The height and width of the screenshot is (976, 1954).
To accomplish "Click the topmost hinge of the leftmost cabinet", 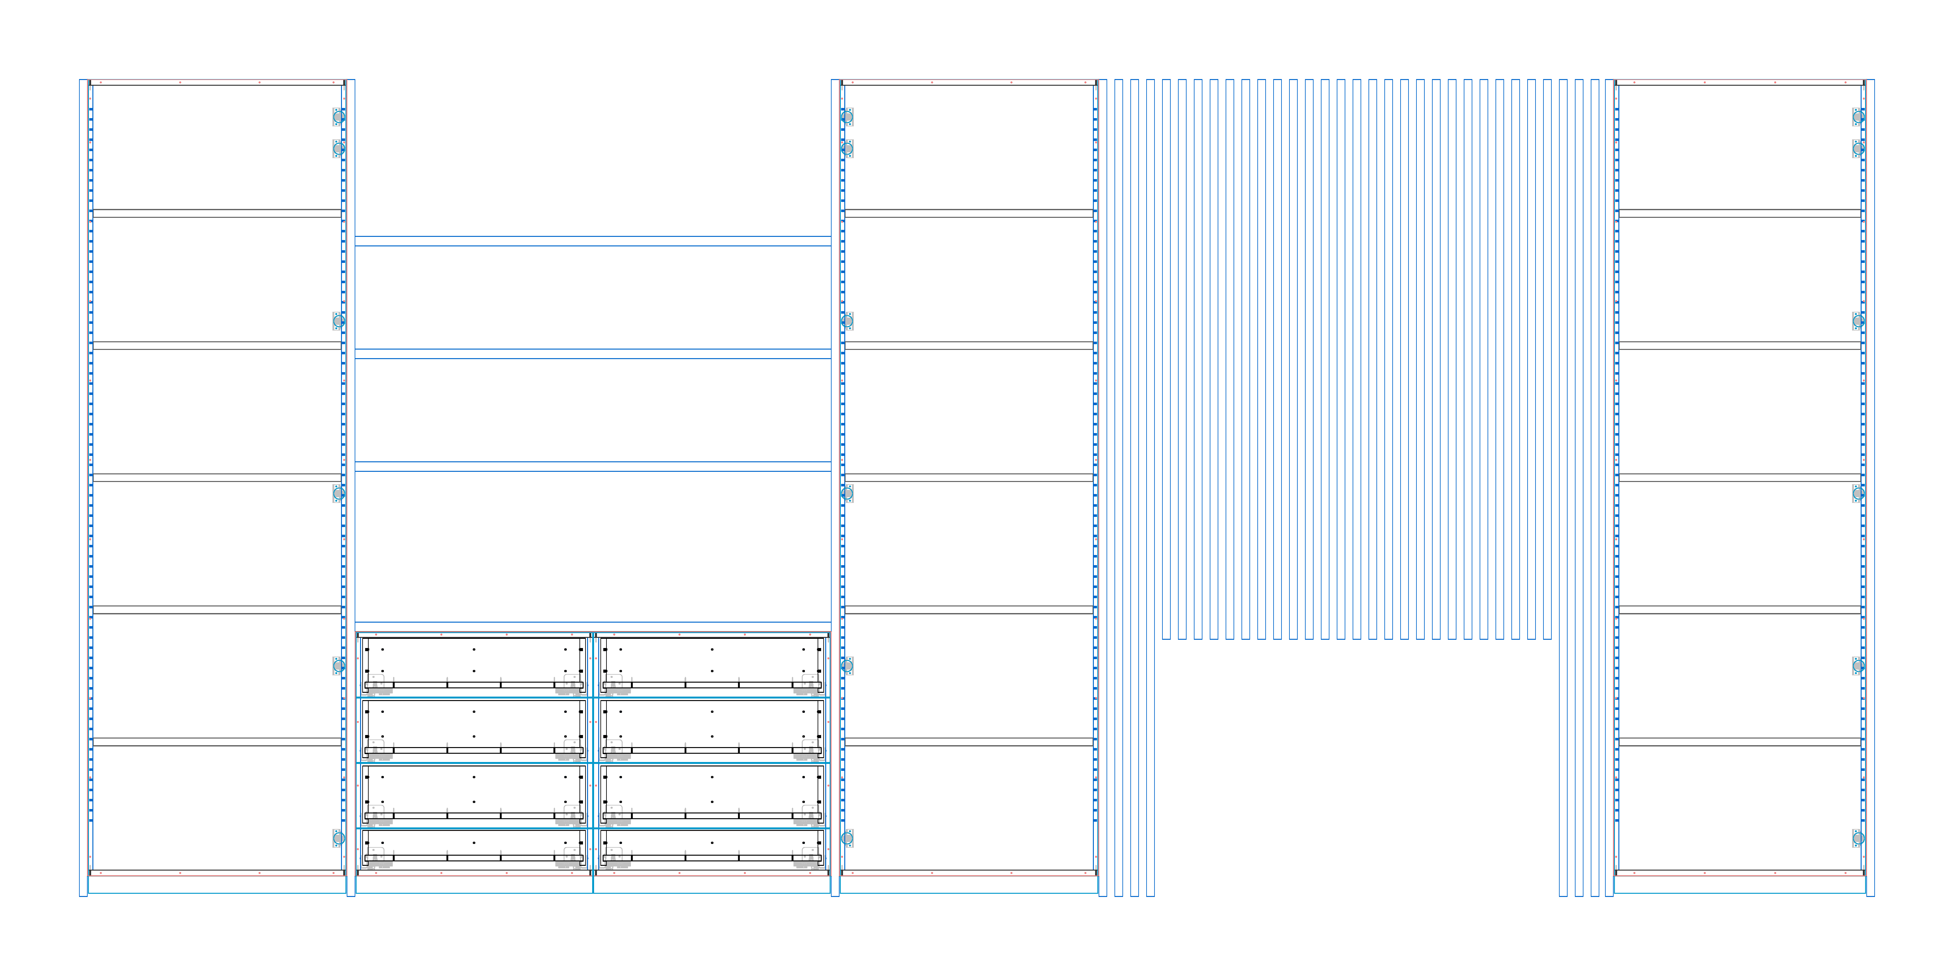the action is click(x=338, y=117).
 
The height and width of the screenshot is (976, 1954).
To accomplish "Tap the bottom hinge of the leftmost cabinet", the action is click(x=338, y=838).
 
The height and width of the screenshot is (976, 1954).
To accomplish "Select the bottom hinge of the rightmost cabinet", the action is click(x=1858, y=838).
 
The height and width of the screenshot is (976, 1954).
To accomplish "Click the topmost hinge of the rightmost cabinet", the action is click(x=1858, y=117).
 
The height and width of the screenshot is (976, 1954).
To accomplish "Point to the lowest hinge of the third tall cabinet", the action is click(x=847, y=838).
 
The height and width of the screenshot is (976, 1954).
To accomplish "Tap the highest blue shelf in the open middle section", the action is click(x=592, y=241).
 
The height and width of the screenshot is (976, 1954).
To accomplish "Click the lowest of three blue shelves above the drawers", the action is click(x=592, y=466).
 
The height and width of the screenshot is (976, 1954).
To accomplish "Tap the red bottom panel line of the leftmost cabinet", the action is click(x=217, y=875).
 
